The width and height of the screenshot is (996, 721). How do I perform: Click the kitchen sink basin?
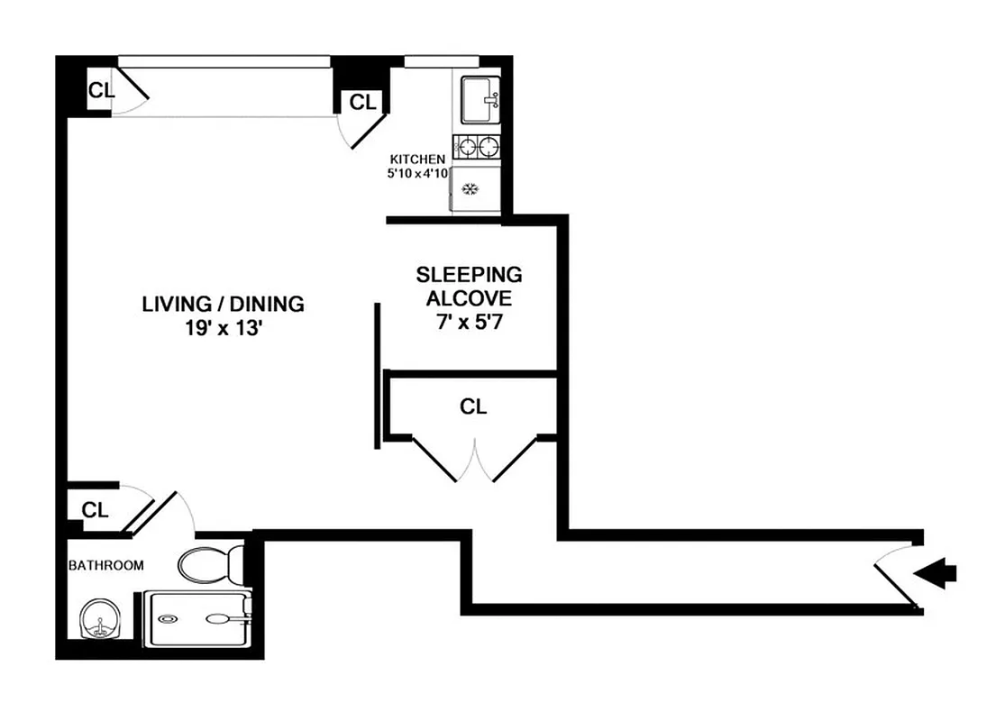pyautogui.click(x=480, y=99)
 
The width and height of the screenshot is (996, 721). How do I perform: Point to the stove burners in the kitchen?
pyautogui.click(x=477, y=145)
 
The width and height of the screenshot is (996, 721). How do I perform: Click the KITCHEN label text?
pyautogui.click(x=417, y=159)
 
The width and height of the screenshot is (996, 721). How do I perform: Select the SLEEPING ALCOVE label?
pyautogui.click(x=469, y=286)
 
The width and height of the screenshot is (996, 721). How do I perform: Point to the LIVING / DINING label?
pyautogui.click(x=223, y=304)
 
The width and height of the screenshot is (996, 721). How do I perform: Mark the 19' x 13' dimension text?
pyautogui.click(x=223, y=329)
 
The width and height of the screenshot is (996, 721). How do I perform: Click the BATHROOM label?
pyautogui.click(x=106, y=565)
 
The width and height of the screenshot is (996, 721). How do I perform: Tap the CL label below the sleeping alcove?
pyautogui.click(x=472, y=406)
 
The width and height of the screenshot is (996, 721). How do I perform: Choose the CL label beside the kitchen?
pyautogui.click(x=361, y=102)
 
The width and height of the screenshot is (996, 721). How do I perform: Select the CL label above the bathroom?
pyautogui.click(x=95, y=510)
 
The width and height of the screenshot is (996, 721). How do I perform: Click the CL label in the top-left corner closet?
pyautogui.click(x=99, y=89)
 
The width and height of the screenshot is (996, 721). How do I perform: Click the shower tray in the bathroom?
pyautogui.click(x=196, y=618)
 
